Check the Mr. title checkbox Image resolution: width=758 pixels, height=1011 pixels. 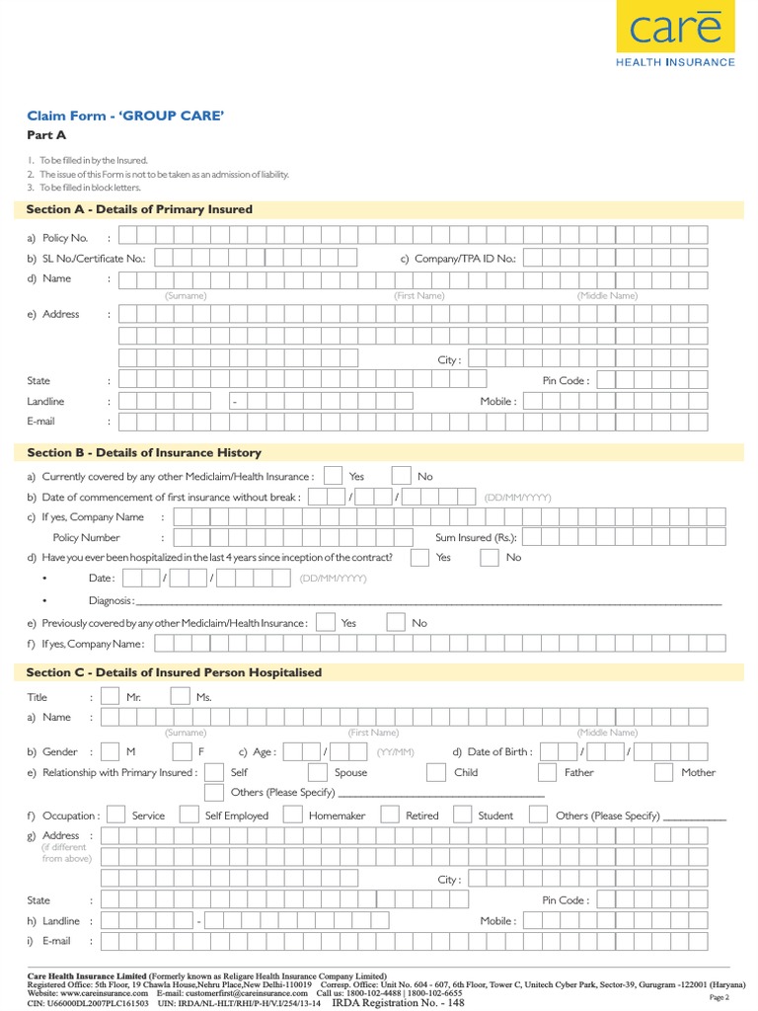coord(111,697)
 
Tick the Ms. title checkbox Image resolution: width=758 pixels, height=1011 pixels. coord(180,697)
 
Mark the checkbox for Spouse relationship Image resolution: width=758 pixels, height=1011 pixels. coord(318,773)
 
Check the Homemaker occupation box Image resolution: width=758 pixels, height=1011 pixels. coord(292,816)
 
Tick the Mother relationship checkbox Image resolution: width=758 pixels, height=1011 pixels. coord(664,773)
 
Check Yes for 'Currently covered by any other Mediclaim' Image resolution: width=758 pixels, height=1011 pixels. coord(334,476)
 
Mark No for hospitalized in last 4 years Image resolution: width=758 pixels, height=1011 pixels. coord(490,558)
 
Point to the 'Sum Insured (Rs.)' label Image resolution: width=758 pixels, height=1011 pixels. coord(476,538)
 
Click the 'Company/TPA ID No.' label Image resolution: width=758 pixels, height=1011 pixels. coord(457,258)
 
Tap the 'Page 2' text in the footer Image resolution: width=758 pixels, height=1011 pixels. coord(719,998)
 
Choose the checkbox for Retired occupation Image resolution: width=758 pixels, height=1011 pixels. coord(389,816)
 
